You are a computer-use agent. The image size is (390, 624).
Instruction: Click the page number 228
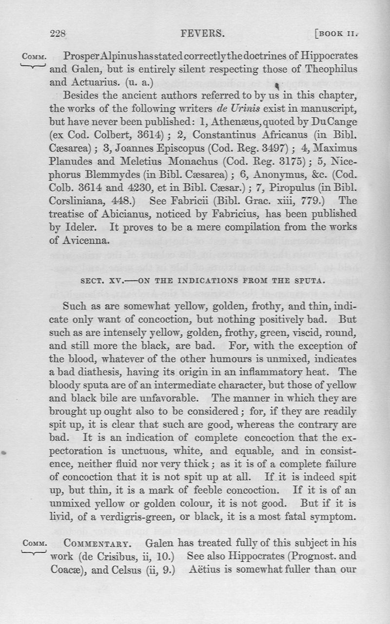click(x=58, y=34)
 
